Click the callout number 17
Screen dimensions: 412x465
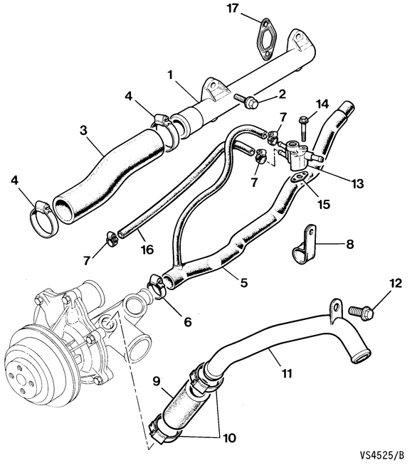click(233, 9)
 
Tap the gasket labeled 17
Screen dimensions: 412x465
click(265, 39)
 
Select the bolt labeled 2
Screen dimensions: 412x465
click(245, 100)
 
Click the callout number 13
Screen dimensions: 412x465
click(357, 184)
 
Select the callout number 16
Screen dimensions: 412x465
click(147, 250)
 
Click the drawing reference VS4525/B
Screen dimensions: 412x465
click(382, 454)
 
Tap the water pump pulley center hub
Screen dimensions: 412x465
click(21, 379)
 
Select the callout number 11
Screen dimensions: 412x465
click(287, 373)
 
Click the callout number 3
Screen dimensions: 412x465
click(84, 131)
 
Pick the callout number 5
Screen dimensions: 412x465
click(243, 282)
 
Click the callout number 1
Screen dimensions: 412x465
click(170, 75)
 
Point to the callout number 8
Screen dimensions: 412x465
click(350, 244)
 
